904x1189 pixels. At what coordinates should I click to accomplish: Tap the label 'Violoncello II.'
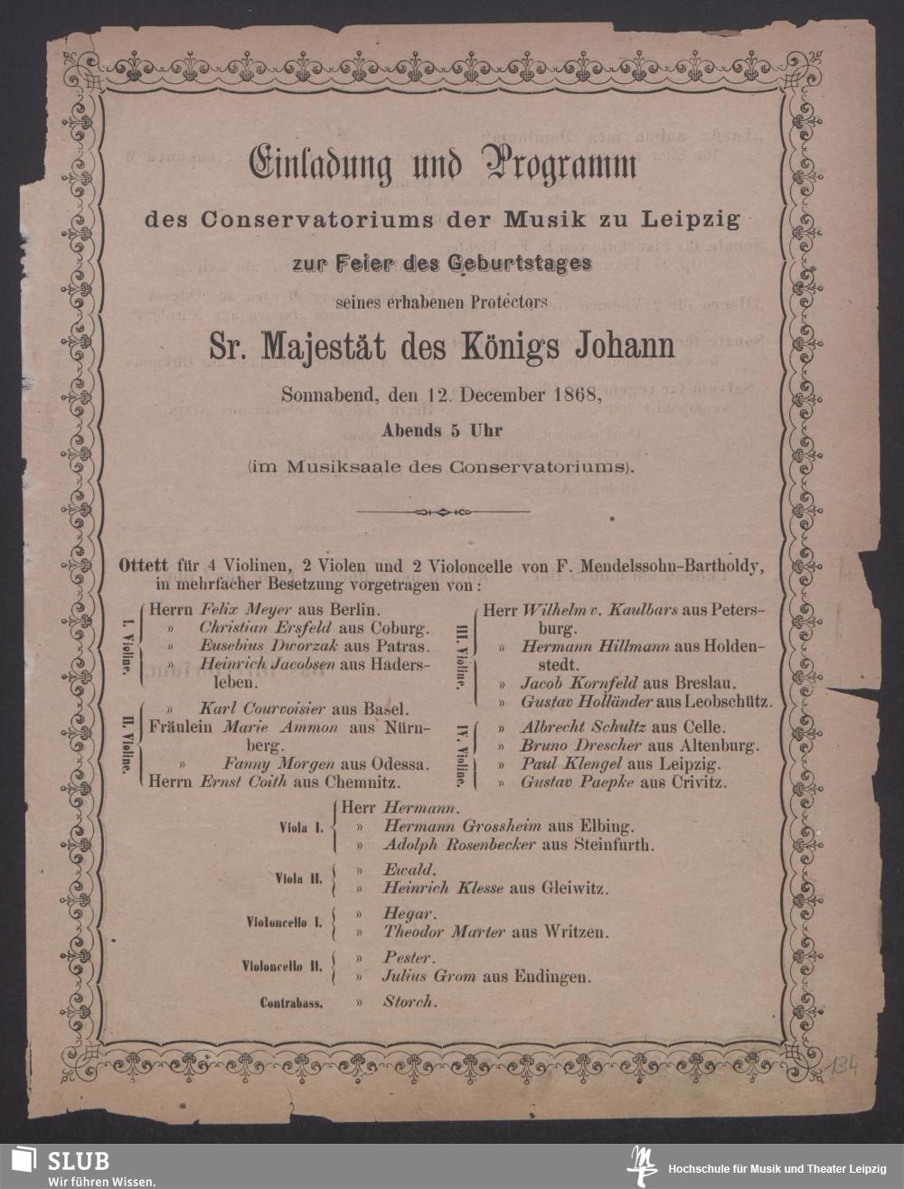coord(281,966)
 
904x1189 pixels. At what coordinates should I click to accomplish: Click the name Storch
coord(410,1001)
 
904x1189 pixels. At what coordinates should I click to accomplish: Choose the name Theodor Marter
coord(443,932)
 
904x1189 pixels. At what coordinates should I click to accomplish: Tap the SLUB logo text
coord(79,1161)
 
